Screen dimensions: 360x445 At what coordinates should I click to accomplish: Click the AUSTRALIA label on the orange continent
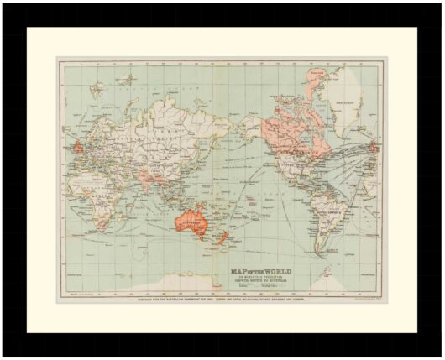click(189, 220)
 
